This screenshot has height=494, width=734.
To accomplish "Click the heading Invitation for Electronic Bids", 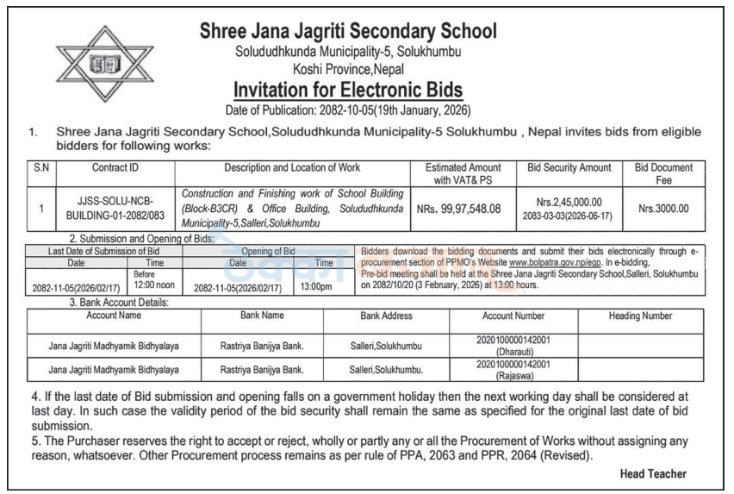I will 348,90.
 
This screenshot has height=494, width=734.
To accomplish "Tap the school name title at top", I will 348,32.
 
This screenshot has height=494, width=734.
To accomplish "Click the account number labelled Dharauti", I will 513,347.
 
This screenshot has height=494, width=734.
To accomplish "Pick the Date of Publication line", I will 348,110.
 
